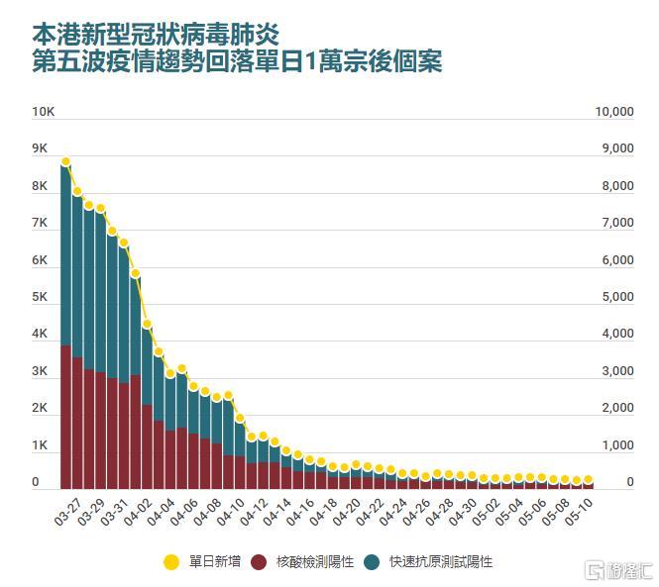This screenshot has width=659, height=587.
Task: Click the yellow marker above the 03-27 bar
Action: pos(65,161)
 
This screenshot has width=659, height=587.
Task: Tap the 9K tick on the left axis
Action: pos(40,148)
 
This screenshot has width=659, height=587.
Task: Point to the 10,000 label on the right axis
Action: pos(613,112)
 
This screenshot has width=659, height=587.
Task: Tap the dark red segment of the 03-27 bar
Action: pos(65,416)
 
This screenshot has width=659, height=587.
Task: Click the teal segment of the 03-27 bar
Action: pos(65,257)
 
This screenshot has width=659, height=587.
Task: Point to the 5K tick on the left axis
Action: pos(40,297)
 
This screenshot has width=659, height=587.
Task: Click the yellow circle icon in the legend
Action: pos(171,561)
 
